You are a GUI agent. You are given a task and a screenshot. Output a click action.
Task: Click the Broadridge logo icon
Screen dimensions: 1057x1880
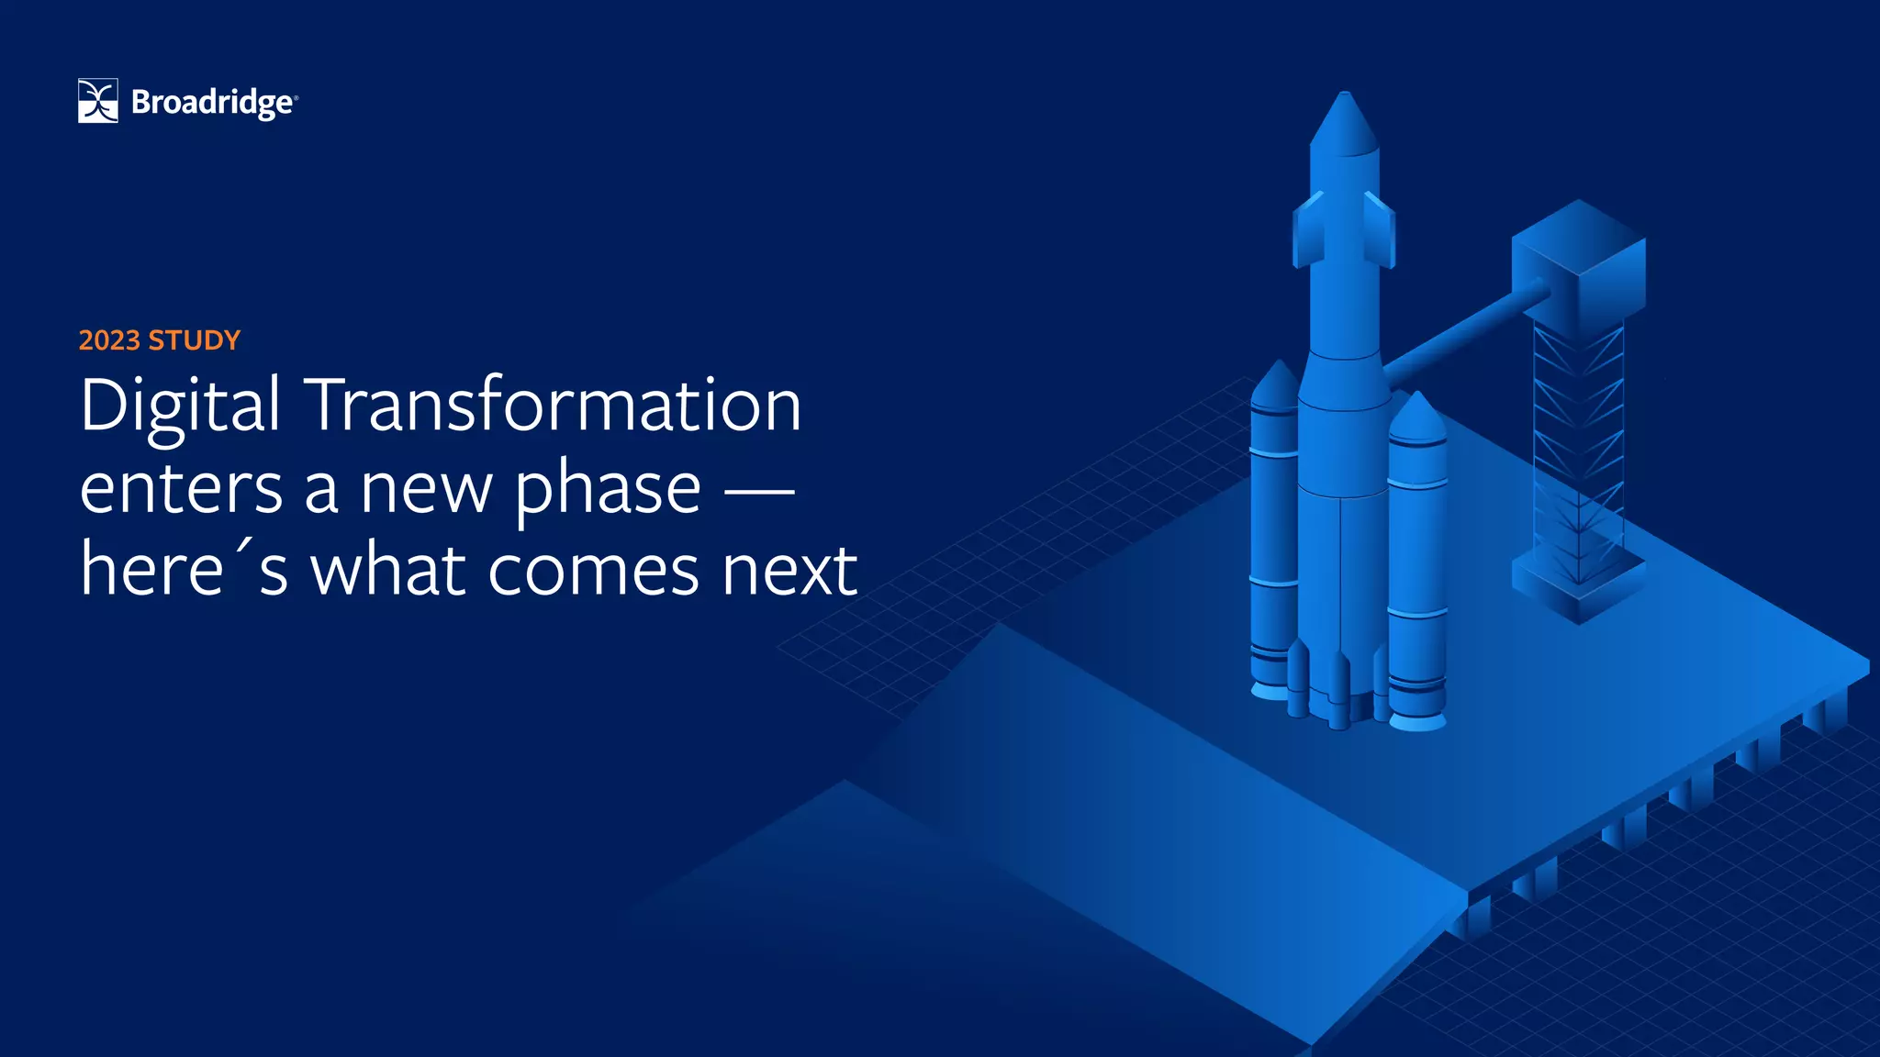coord(98,101)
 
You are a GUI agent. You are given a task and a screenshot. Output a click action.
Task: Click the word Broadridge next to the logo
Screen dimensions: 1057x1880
coord(212,103)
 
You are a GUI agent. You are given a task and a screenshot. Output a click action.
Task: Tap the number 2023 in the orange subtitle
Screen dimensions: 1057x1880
coord(109,340)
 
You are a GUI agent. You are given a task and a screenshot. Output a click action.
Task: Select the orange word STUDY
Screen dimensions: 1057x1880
coord(194,340)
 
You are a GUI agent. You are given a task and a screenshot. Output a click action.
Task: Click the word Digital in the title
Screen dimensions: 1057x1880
coord(180,406)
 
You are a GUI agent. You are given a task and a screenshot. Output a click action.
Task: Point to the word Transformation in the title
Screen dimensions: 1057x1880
coord(554,406)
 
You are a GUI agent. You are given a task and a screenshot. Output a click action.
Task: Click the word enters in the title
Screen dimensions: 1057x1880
coord(181,488)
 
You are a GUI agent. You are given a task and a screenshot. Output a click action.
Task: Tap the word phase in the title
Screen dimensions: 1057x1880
coord(608,490)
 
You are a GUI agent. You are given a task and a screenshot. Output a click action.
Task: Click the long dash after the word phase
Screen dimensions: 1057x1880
coord(759,492)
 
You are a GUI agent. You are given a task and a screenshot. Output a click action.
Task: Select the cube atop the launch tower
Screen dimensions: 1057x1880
coord(1579,261)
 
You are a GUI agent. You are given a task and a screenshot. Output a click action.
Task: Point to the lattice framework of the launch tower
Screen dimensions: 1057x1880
coord(1579,440)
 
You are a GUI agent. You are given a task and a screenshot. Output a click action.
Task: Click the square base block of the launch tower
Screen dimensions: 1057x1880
coord(1579,587)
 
